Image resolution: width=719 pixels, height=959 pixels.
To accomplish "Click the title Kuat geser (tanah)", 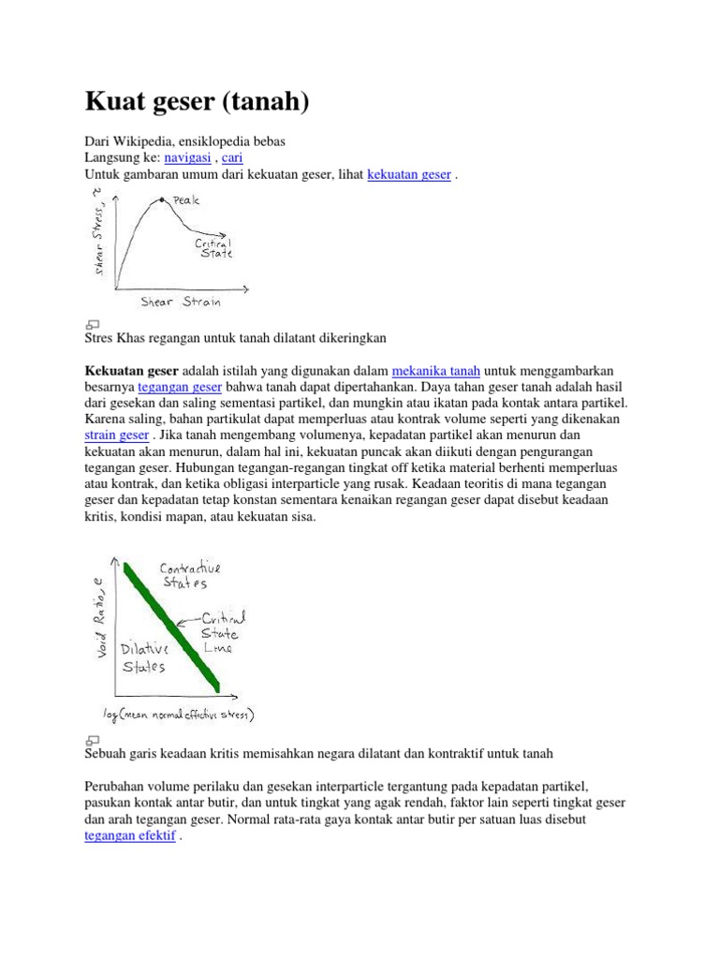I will [x=196, y=101].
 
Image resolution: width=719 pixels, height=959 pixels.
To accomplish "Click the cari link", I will [x=232, y=158].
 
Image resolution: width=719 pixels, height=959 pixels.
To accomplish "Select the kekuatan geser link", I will [x=410, y=175].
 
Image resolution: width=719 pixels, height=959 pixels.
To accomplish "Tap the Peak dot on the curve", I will [x=162, y=199].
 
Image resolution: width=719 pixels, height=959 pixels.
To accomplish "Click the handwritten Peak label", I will [x=186, y=199].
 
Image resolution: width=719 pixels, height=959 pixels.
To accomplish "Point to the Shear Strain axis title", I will [x=180, y=302].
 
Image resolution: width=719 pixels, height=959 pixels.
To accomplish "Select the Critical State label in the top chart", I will [x=213, y=247].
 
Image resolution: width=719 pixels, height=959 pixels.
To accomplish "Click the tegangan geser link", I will [x=180, y=387].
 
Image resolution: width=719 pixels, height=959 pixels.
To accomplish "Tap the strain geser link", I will [x=116, y=436].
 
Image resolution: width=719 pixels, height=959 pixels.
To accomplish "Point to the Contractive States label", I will [x=190, y=575].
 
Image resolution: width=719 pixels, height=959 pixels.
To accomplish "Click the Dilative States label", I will [x=144, y=657].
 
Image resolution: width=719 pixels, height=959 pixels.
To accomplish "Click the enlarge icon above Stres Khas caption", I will [x=93, y=321].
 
